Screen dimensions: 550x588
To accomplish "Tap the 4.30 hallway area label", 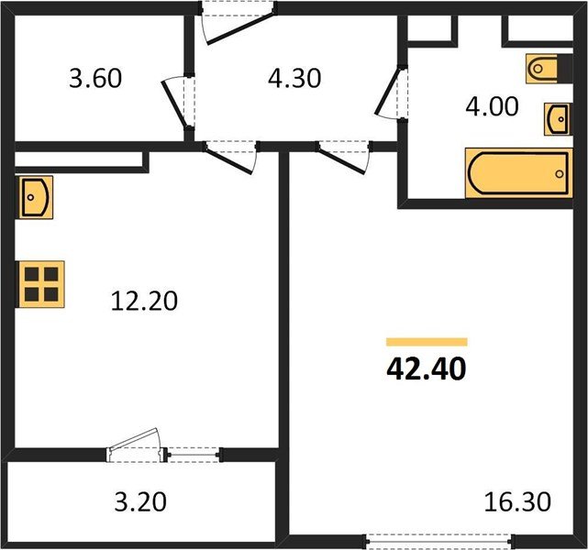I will tap(295, 79).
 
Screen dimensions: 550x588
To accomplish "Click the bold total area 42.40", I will tap(426, 368).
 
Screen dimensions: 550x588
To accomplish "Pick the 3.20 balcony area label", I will tap(142, 501).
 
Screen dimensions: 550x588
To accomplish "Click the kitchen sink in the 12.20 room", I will tap(34, 196).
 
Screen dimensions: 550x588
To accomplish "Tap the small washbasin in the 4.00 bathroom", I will tap(555, 118).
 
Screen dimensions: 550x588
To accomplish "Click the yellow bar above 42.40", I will tap(426, 341).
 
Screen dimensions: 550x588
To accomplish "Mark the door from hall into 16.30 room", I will tap(344, 156).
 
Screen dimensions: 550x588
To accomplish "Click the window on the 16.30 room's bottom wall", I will tap(438, 541).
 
